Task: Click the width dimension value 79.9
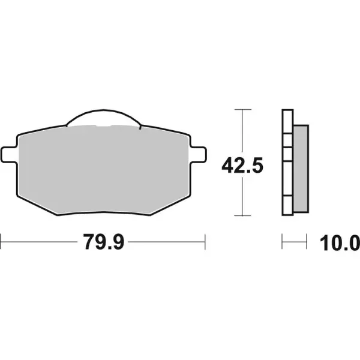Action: point(103,244)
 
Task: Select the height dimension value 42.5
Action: point(242,164)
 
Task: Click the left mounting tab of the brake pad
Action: point(9,154)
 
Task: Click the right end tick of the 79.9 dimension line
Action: point(205,244)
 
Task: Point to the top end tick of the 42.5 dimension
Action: point(242,110)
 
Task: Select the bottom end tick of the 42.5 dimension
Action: point(242,215)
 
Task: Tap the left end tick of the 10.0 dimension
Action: point(282,244)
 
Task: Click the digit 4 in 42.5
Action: point(228,164)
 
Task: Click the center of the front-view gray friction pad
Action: point(104,168)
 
